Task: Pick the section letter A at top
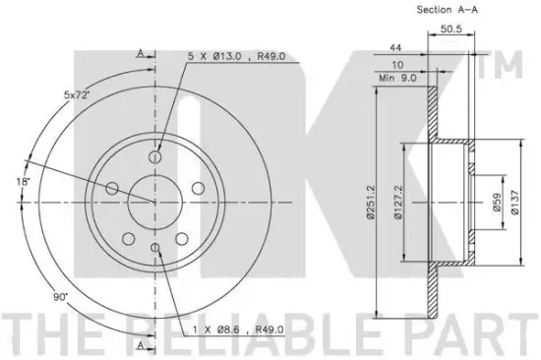tap(142, 52)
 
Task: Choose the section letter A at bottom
tap(142, 345)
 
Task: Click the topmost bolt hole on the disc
tap(155, 154)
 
